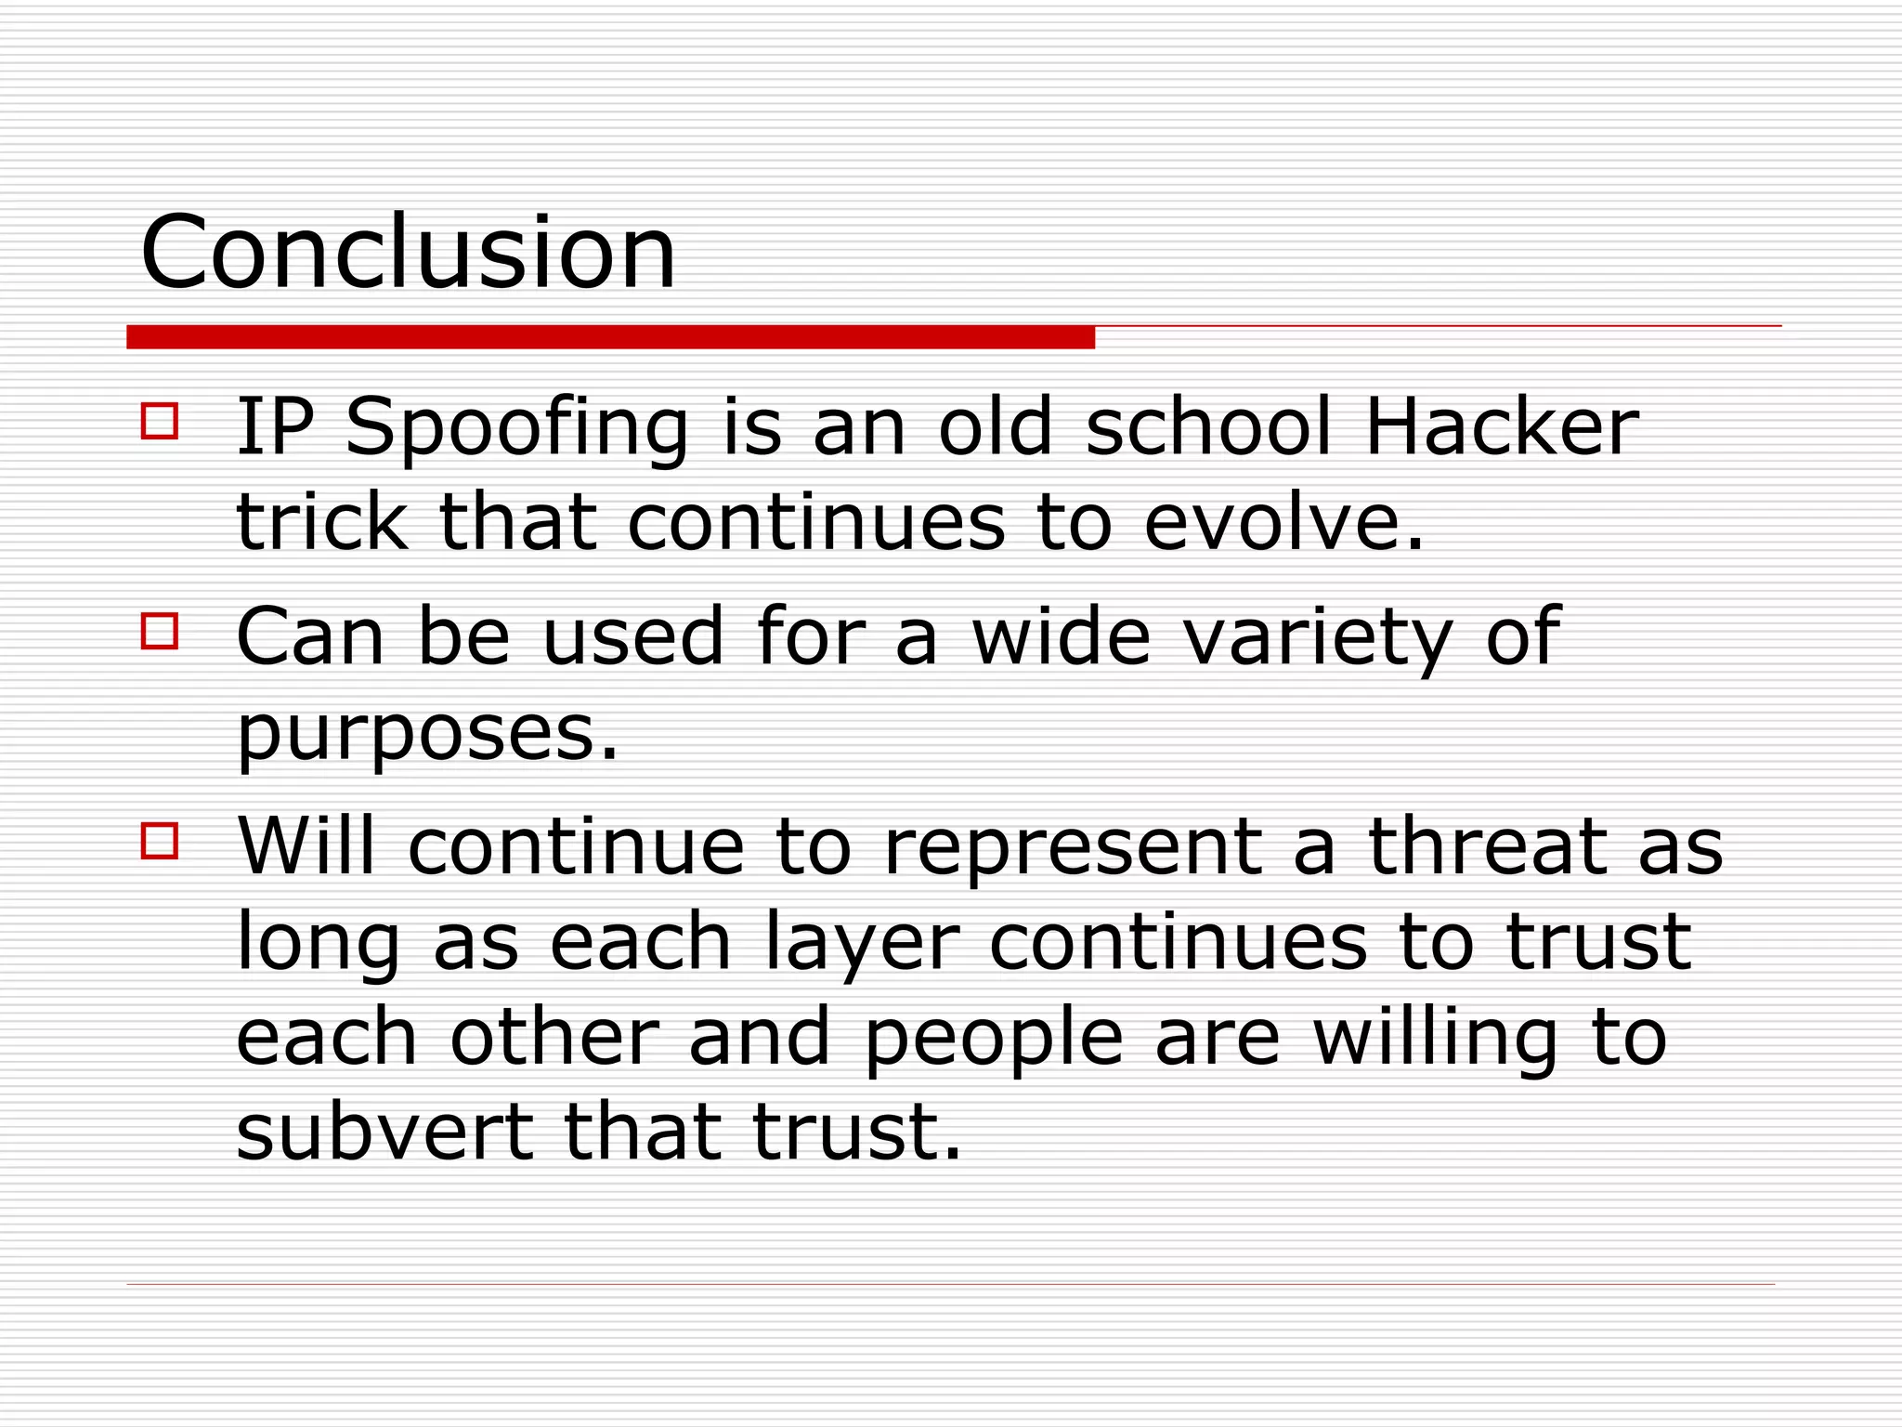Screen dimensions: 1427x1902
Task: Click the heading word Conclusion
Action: (x=408, y=252)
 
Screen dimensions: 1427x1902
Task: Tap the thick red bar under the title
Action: (x=610, y=337)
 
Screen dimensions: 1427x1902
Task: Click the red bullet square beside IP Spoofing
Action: (x=160, y=420)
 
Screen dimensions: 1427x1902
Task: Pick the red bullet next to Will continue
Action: (x=160, y=840)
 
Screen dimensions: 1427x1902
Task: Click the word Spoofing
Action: (x=516, y=429)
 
